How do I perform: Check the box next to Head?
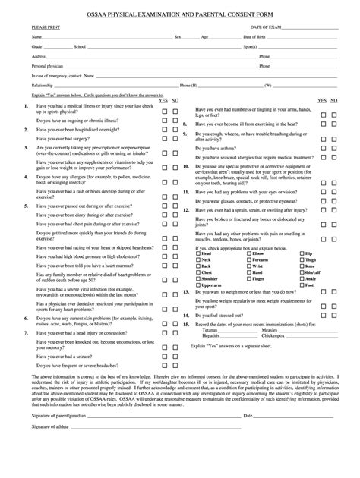click(x=199, y=274)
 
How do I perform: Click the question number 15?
click(x=186, y=324)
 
